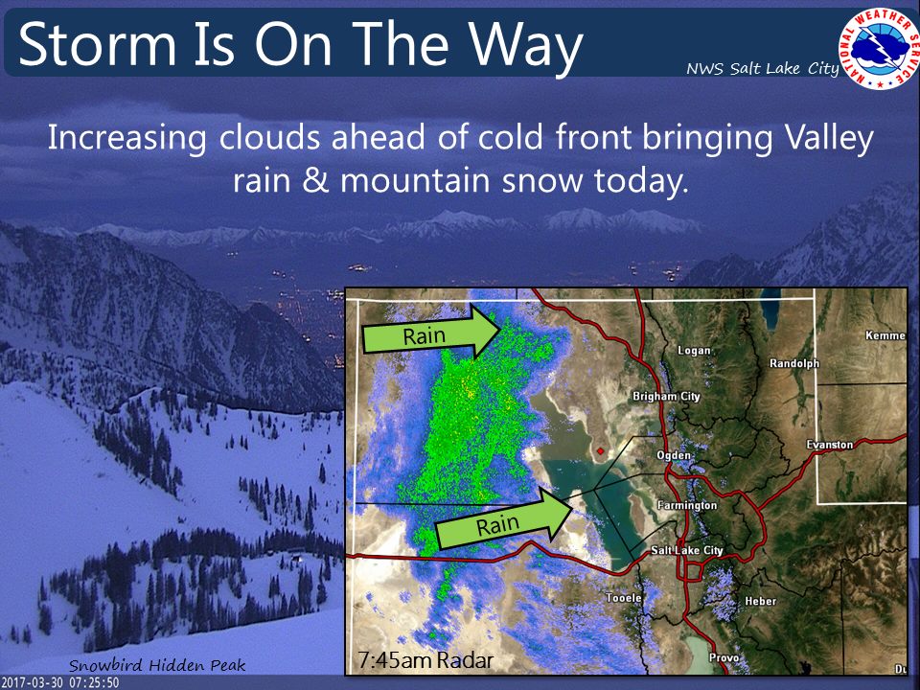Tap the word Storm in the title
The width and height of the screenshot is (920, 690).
98,45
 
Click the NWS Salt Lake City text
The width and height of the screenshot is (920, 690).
763,69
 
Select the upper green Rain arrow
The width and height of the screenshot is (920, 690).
431,333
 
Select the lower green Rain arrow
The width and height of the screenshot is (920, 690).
504,519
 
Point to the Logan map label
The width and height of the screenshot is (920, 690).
694,351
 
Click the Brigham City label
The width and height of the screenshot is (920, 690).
667,396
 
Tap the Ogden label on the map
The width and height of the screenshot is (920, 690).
674,455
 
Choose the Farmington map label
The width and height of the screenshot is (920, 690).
686,505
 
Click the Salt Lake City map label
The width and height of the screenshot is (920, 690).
687,550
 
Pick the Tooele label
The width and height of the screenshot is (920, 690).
623,597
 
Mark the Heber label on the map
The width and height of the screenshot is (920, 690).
760,601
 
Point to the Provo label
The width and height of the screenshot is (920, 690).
724,657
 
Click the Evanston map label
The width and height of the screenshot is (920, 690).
830,444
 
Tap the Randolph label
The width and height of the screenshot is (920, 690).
794,363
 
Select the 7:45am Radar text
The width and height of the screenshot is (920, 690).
425,660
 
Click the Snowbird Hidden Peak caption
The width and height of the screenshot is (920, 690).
157,665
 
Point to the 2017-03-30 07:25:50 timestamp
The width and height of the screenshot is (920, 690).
60,683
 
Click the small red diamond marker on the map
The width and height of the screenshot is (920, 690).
600,450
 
